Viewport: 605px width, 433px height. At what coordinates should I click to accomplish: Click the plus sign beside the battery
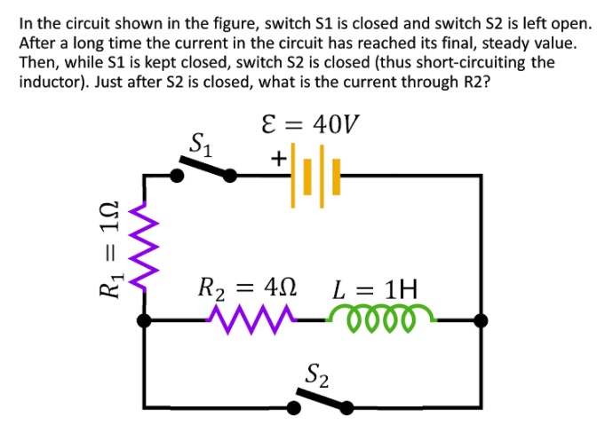point(278,159)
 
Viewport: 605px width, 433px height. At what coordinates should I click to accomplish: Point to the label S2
point(317,375)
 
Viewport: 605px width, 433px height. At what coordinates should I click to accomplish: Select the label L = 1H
point(374,288)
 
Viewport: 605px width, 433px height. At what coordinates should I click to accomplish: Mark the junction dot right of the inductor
point(481,320)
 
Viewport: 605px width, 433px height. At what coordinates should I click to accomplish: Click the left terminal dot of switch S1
point(177,176)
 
